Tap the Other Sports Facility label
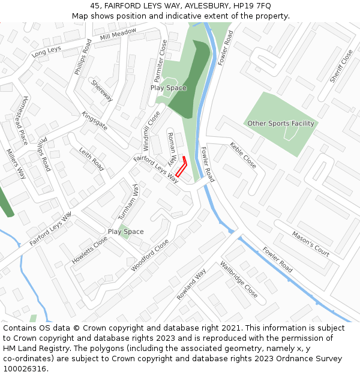click(x=281, y=124)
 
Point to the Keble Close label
click(x=243, y=155)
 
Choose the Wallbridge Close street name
click(x=239, y=279)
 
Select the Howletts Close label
click(x=90, y=250)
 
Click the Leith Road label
click(x=92, y=158)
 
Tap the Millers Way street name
click(x=16, y=164)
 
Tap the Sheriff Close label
click(x=341, y=66)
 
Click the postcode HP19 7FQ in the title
click(x=252, y=5)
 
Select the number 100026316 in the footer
click(x=25, y=369)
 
